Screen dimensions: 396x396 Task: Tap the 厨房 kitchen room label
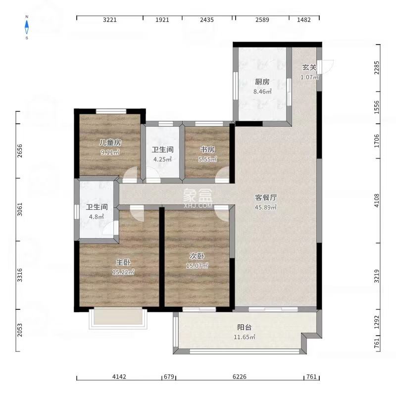262,82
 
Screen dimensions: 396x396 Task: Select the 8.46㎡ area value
262,91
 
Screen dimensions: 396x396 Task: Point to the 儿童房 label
110,143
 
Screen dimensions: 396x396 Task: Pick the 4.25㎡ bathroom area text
162,159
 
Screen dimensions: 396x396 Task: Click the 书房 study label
206,149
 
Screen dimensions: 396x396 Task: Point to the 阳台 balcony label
244,327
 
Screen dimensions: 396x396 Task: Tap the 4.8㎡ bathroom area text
97,216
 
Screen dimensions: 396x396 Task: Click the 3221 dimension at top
109,20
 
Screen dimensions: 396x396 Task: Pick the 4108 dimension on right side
377,200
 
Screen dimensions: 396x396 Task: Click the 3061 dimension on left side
20,209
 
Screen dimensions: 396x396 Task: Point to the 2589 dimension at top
262,20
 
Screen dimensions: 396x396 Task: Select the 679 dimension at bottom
169,377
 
